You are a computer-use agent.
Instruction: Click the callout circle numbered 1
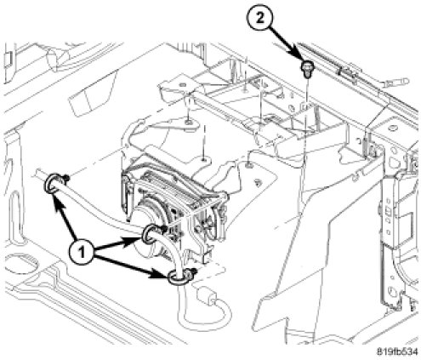(x=82, y=252)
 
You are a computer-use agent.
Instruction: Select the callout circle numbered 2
(x=260, y=19)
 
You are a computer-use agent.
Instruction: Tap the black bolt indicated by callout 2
(x=305, y=69)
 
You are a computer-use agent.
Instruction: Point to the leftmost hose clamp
(x=52, y=184)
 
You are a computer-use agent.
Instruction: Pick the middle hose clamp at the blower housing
(x=151, y=233)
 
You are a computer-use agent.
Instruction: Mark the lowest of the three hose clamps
(x=178, y=276)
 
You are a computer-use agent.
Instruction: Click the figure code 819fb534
(x=397, y=352)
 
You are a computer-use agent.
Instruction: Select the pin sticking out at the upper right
(x=396, y=83)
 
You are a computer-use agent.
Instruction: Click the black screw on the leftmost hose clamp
(x=66, y=179)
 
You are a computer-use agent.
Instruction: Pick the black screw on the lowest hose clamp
(x=193, y=271)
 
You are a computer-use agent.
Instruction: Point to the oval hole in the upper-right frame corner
(x=393, y=129)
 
